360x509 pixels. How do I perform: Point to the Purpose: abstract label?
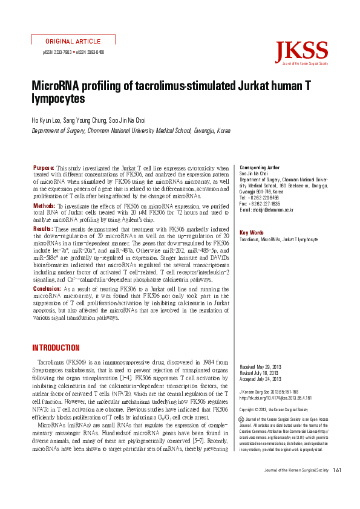coord(44,167)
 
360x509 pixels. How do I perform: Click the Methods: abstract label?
coord(44,206)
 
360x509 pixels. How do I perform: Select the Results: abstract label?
coord(42,229)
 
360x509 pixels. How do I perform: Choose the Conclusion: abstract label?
coord(47,290)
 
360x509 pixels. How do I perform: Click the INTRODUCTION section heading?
coord(55,348)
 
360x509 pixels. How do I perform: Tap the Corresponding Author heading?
coord(260,167)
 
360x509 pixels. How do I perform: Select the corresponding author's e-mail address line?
coord(267,210)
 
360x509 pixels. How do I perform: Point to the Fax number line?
coord(260,204)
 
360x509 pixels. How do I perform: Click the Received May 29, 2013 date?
coord(262,367)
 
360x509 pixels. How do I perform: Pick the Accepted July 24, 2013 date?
coord(262,379)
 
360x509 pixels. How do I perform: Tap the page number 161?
coord(338,487)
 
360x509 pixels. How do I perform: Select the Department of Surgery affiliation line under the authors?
coord(131,131)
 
